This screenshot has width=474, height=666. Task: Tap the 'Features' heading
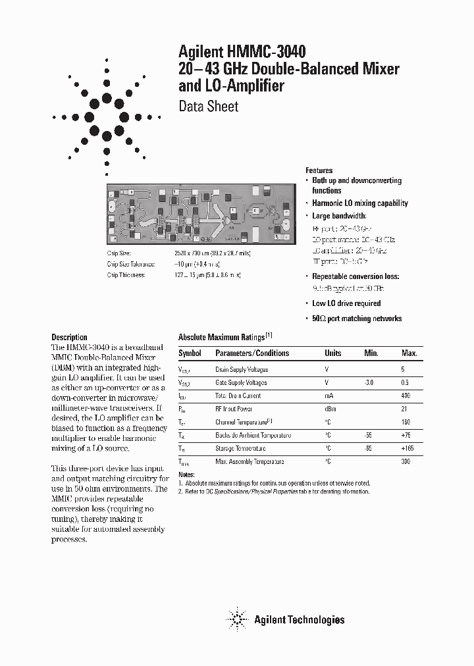(x=319, y=170)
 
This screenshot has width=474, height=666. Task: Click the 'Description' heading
(x=69, y=337)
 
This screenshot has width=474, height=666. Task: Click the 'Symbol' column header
(x=190, y=353)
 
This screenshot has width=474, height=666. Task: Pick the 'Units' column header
(x=333, y=353)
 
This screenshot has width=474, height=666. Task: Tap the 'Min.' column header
(x=371, y=353)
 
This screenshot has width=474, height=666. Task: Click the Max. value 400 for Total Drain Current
(x=405, y=396)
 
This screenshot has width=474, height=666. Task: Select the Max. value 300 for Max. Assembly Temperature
(x=405, y=461)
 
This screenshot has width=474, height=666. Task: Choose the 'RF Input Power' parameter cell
(x=234, y=409)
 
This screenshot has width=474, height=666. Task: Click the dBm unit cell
(x=331, y=409)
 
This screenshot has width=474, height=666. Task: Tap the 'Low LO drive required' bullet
(x=346, y=303)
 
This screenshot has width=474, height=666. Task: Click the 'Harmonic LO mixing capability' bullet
(x=359, y=203)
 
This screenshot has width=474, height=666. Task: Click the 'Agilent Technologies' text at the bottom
(x=300, y=619)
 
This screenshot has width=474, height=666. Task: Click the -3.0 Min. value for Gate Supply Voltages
(x=371, y=382)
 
